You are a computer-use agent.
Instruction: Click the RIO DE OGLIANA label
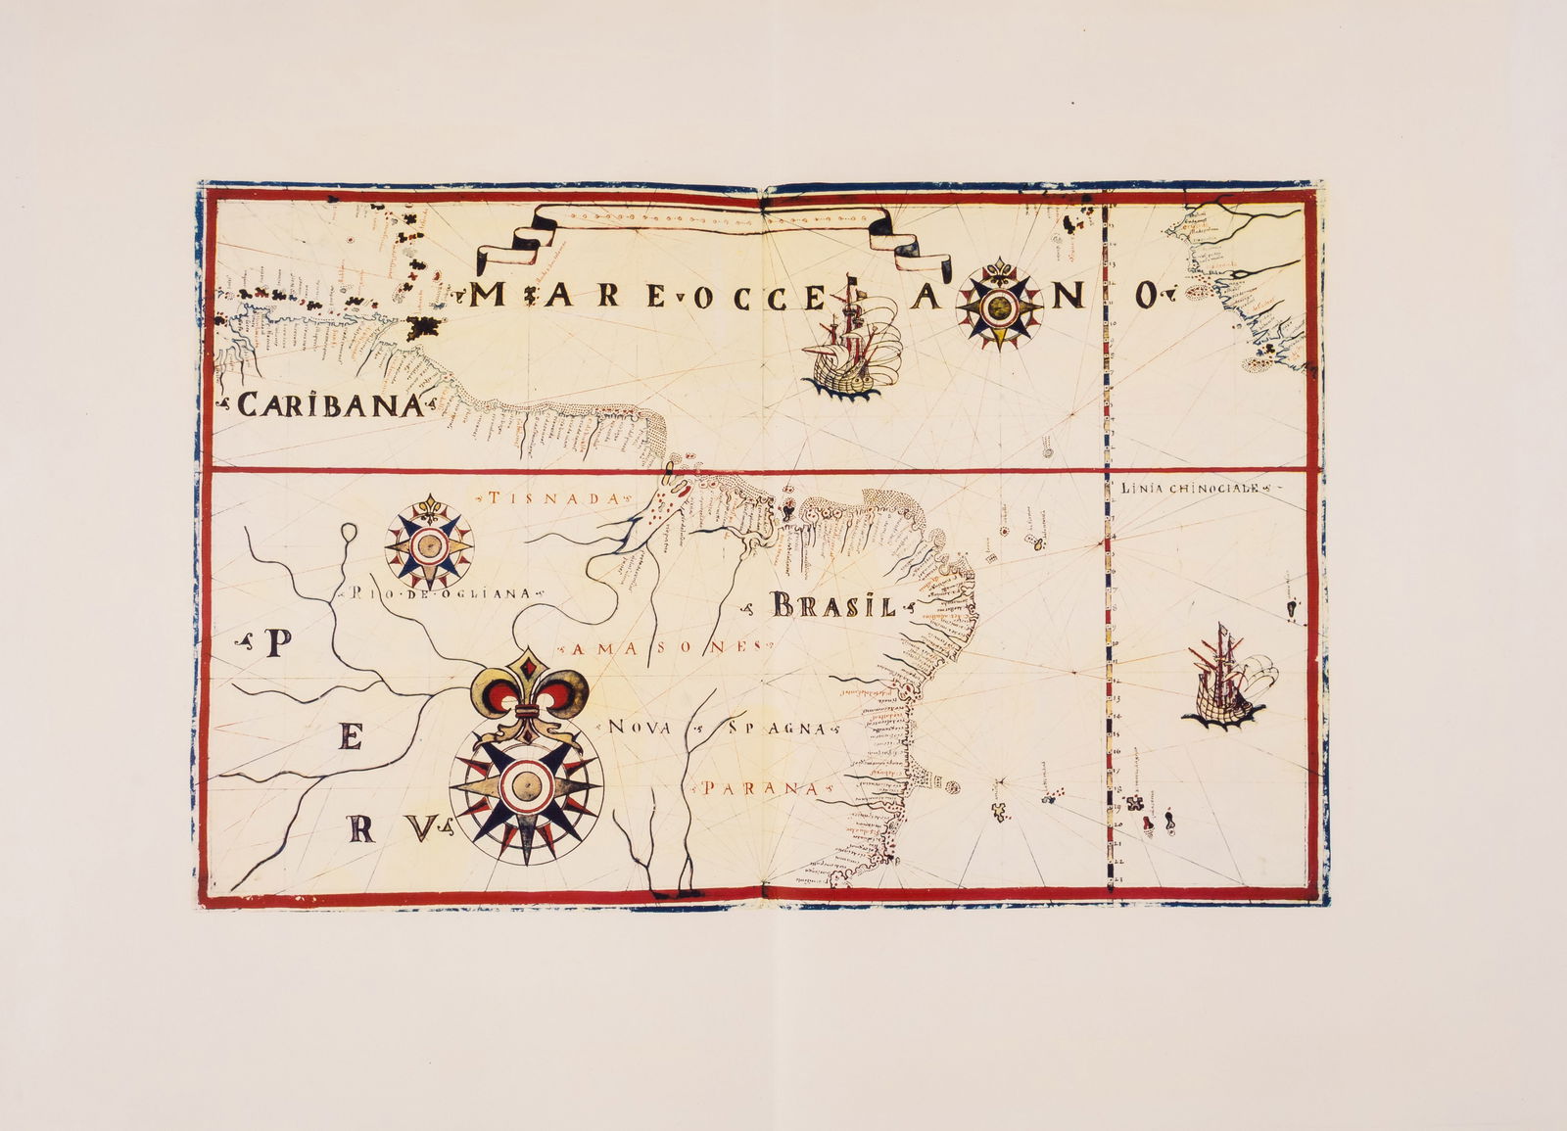point(438,593)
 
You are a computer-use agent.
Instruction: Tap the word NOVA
point(641,728)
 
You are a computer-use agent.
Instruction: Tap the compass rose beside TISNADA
point(428,544)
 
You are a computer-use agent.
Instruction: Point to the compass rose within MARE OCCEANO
point(998,306)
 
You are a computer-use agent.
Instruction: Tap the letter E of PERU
point(349,741)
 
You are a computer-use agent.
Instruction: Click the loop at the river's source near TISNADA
point(351,535)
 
